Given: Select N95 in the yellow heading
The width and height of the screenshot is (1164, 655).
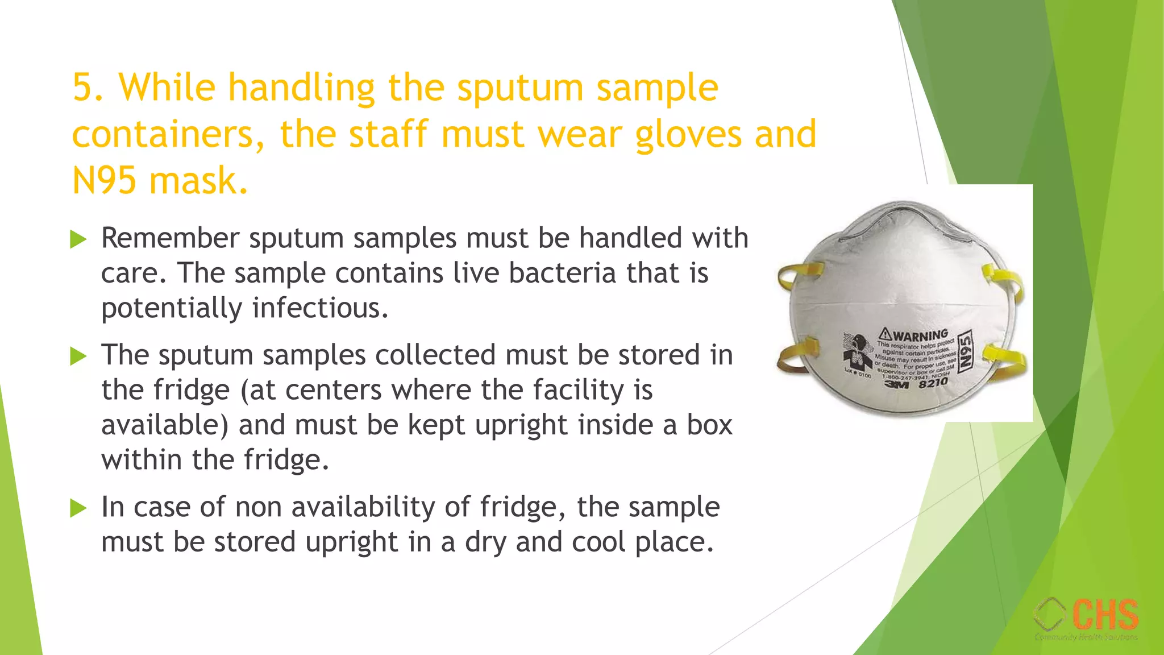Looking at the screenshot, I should click(x=104, y=181).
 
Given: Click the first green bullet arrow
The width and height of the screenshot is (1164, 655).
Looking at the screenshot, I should click(x=78, y=239).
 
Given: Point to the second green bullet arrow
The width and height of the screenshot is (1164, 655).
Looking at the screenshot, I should click(x=78, y=356).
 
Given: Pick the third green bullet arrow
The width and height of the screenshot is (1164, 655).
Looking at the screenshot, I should click(x=78, y=508).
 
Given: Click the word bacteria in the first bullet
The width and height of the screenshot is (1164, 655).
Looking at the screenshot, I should click(x=562, y=273).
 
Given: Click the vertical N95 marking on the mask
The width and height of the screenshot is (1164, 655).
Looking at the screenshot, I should click(x=965, y=352).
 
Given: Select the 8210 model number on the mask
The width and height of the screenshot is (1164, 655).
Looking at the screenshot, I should click(x=933, y=383).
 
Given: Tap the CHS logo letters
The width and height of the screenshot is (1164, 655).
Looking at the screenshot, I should click(x=1105, y=615).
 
